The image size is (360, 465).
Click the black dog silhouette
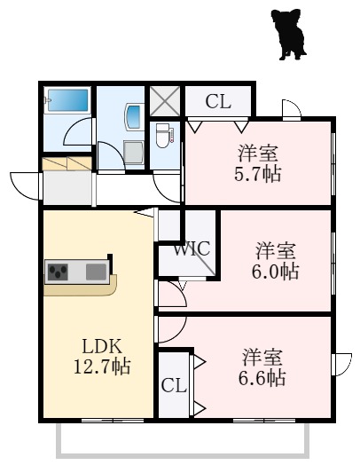289,34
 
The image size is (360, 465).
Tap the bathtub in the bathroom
68,100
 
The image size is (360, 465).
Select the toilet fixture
163,136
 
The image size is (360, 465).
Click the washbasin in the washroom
133,116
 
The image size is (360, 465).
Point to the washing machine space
133,152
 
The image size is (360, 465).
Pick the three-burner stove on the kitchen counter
59,272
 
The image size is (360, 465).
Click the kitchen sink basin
96,272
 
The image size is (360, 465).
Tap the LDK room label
102,346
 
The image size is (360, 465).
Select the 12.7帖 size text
102,366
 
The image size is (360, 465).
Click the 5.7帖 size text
257,173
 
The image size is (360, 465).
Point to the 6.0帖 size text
275,271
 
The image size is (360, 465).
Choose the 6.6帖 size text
262,377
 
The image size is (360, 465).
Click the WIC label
192,248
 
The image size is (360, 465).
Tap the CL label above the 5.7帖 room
218,102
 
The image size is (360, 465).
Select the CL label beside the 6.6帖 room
174,386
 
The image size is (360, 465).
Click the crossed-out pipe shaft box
165,101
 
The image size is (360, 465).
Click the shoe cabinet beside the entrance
67,163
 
